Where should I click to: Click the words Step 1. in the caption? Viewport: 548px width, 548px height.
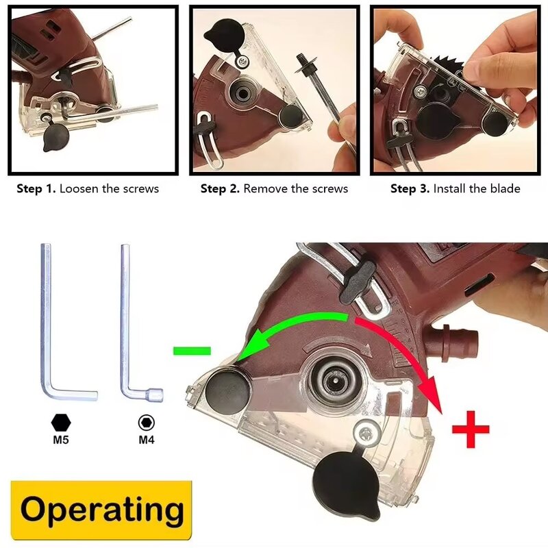tap(36, 188)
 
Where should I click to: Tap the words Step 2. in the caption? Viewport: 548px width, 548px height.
tap(220, 188)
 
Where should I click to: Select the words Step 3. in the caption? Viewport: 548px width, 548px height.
tap(410, 188)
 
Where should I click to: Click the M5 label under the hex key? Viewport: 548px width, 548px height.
tap(61, 439)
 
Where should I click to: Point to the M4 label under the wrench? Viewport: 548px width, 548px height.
tap(147, 439)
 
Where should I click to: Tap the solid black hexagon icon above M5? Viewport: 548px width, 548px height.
tap(61, 421)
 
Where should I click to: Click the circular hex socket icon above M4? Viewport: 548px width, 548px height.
tap(145, 421)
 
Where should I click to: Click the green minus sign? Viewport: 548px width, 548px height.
tap(190, 351)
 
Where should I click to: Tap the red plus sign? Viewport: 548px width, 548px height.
tap(471, 429)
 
